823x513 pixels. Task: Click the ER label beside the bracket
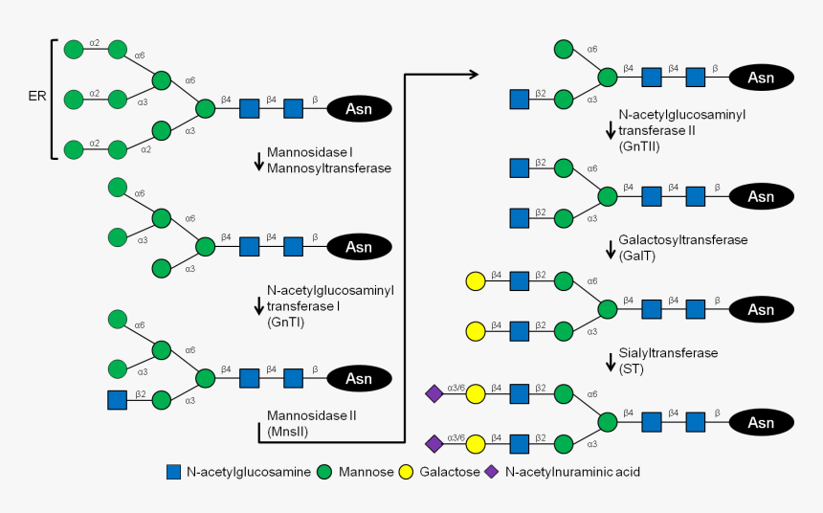click(35, 97)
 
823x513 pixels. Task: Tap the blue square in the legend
click(174, 472)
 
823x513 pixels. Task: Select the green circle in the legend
click(325, 472)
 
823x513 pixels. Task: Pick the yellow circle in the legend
click(407, 472)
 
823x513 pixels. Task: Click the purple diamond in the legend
click(492, 472)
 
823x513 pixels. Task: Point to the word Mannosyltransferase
click(316, 167)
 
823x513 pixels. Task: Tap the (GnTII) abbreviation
click(640, 145)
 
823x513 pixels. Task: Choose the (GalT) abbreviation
click(638, 256)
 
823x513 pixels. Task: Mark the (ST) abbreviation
click(632, 368)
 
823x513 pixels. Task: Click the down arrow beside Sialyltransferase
click(611, 363)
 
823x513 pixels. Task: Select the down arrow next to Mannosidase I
click(258, 161)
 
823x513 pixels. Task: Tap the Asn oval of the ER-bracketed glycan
click(359, 108)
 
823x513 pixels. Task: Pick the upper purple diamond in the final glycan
click(434, 393)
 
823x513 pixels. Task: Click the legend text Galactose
click(450, 472)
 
